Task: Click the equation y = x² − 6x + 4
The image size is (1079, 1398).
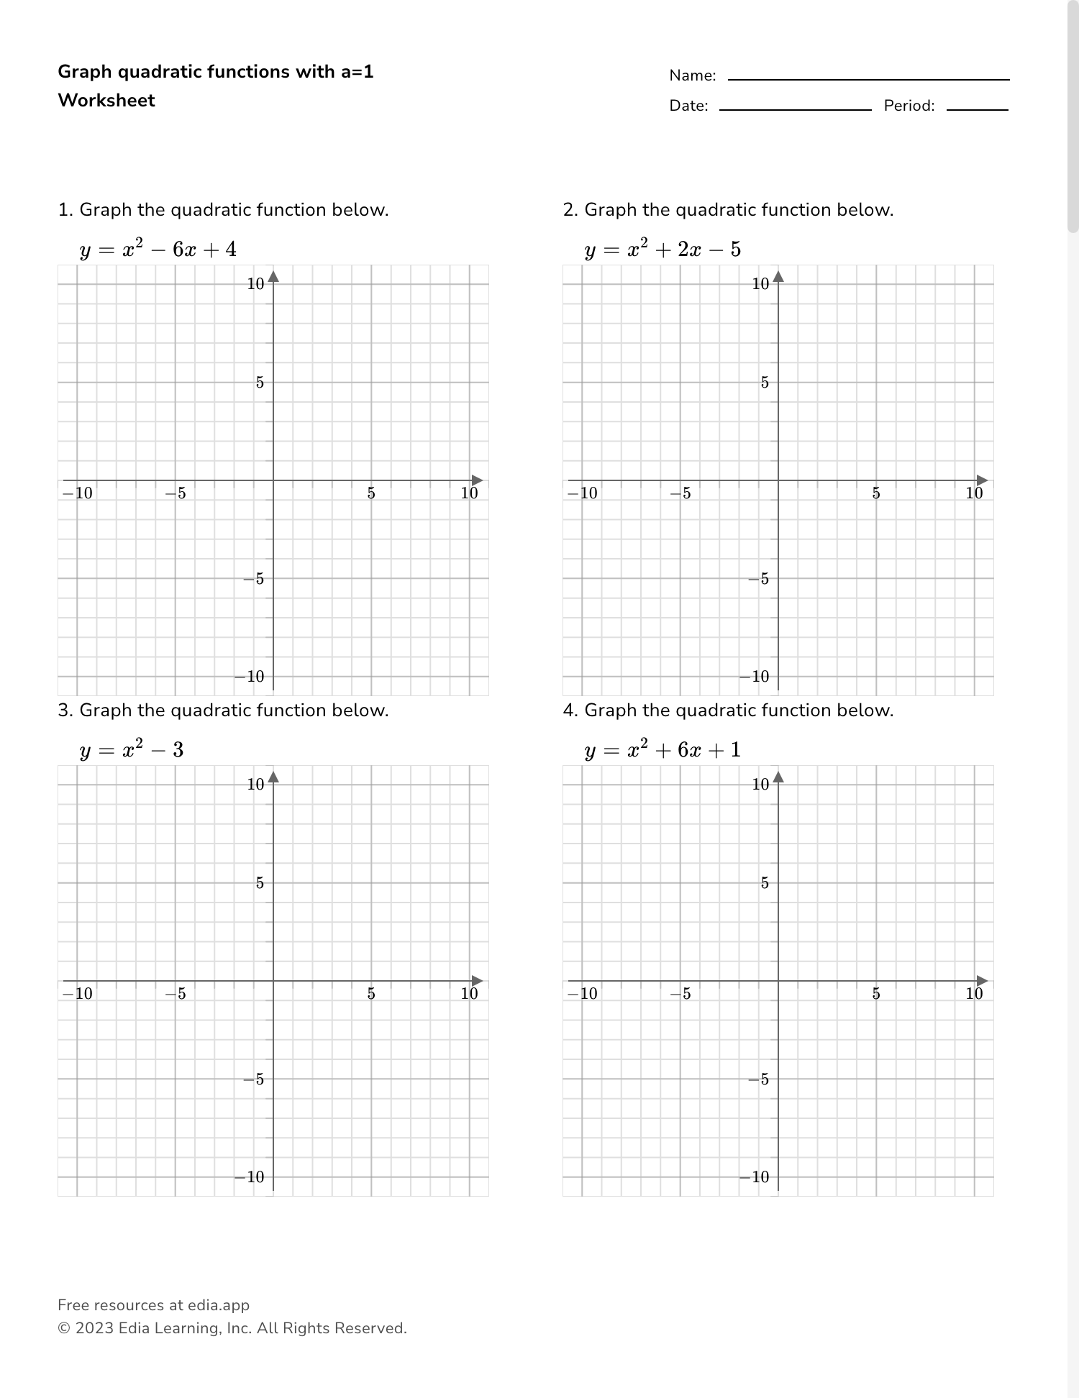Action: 158,250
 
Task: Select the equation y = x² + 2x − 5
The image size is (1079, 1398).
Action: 663,250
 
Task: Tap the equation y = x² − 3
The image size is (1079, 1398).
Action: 132,750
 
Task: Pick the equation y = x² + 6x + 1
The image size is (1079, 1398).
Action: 663,750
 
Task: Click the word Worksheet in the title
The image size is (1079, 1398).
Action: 106,100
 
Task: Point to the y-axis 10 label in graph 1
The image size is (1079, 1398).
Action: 255,284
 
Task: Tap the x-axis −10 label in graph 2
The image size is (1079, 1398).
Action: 583,493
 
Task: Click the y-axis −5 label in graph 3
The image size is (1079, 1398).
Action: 254,1079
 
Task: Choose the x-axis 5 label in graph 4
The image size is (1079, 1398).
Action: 876,994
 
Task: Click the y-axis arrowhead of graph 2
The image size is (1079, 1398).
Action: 778,276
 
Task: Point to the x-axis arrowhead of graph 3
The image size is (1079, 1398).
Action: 478,981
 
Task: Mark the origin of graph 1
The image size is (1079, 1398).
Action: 273,480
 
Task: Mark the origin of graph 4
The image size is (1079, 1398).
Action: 778,981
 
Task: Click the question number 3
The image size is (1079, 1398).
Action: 65,711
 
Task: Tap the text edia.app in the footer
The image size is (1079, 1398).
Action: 219,1305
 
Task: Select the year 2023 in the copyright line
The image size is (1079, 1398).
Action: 94,1328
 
